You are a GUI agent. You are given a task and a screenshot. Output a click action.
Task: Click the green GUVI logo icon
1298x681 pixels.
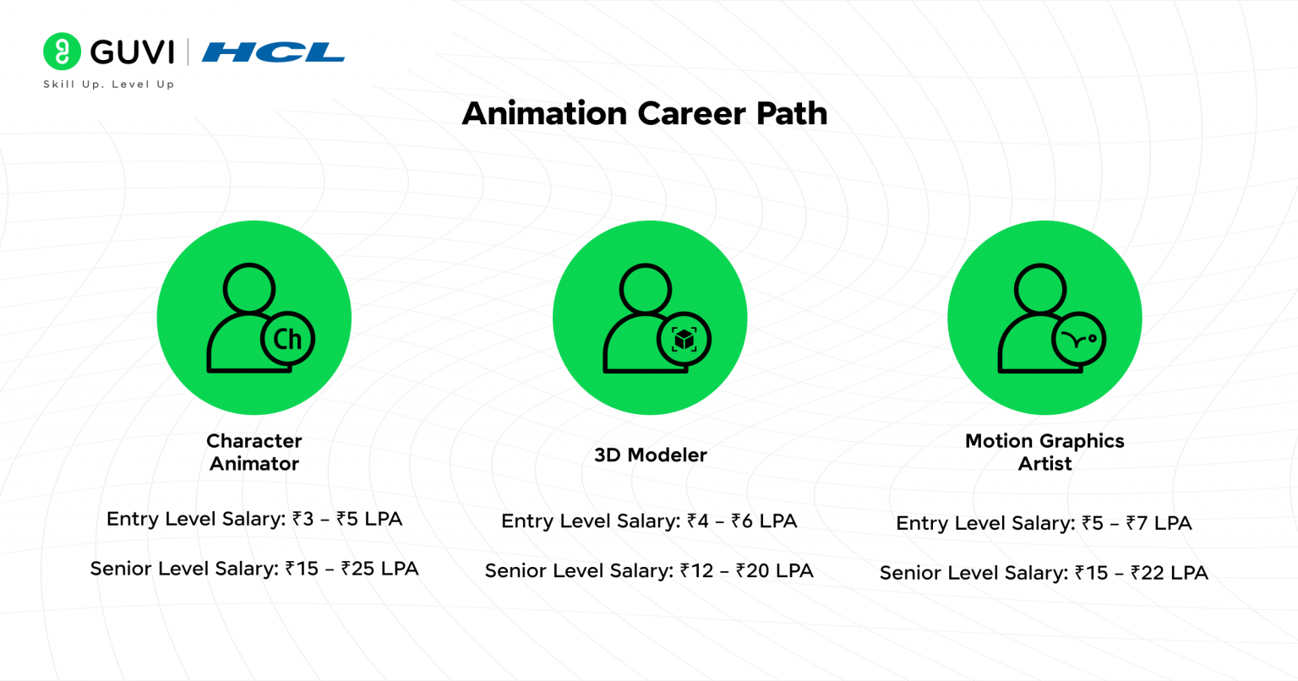62,52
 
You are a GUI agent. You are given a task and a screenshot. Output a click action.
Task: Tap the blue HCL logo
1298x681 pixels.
273,52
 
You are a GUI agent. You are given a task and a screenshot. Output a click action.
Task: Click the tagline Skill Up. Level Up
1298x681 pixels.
109,84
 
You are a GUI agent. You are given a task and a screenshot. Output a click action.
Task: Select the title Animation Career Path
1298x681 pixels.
644,113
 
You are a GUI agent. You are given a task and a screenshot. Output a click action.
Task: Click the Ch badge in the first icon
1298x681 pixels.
287,340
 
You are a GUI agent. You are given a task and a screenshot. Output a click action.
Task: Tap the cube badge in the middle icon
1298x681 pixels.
684,340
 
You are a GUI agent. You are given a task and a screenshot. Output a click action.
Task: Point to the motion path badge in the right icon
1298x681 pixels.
1078,340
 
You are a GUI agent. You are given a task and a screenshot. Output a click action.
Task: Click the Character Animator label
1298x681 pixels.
254,452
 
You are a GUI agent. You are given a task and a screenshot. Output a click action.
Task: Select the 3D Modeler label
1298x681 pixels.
650,455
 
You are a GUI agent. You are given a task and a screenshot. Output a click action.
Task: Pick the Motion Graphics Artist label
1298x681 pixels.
1044,452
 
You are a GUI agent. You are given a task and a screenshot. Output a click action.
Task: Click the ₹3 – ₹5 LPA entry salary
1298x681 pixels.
347,519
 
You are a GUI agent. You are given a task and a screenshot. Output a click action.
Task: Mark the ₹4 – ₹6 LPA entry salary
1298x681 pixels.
742,521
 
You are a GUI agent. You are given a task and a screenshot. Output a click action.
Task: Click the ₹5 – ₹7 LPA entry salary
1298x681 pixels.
1137,524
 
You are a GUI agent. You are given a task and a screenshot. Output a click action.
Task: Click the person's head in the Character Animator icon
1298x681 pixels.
248,289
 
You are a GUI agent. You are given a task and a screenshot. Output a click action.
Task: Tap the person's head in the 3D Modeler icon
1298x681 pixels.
645,289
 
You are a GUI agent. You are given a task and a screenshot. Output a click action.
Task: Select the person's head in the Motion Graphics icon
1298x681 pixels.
1039,289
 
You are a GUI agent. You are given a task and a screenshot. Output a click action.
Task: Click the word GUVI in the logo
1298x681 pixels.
132,52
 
